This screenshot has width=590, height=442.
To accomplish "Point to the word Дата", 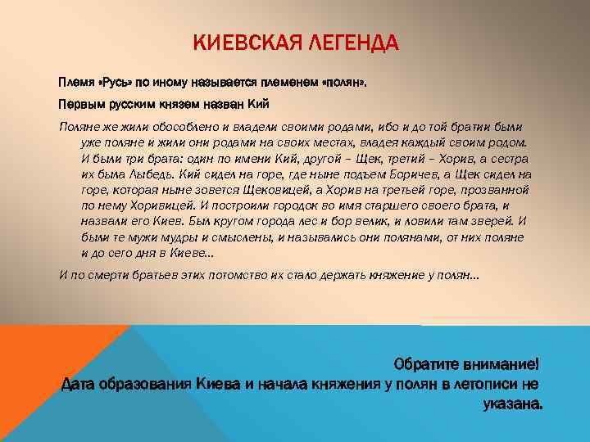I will click(81, 384).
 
